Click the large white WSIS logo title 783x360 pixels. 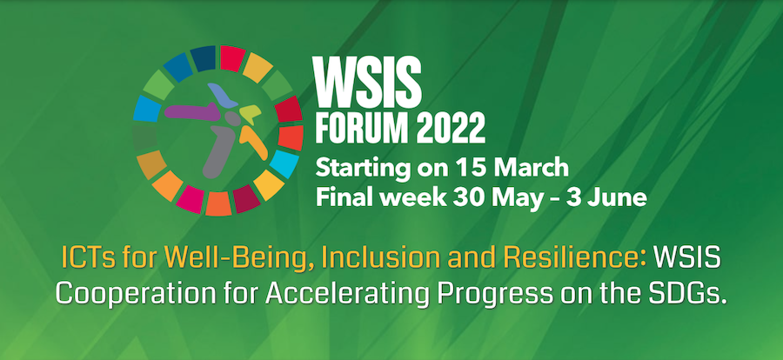point(367,79)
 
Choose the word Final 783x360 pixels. point(340,197)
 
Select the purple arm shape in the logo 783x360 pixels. point(192,111)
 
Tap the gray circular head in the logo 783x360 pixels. point(233,118)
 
